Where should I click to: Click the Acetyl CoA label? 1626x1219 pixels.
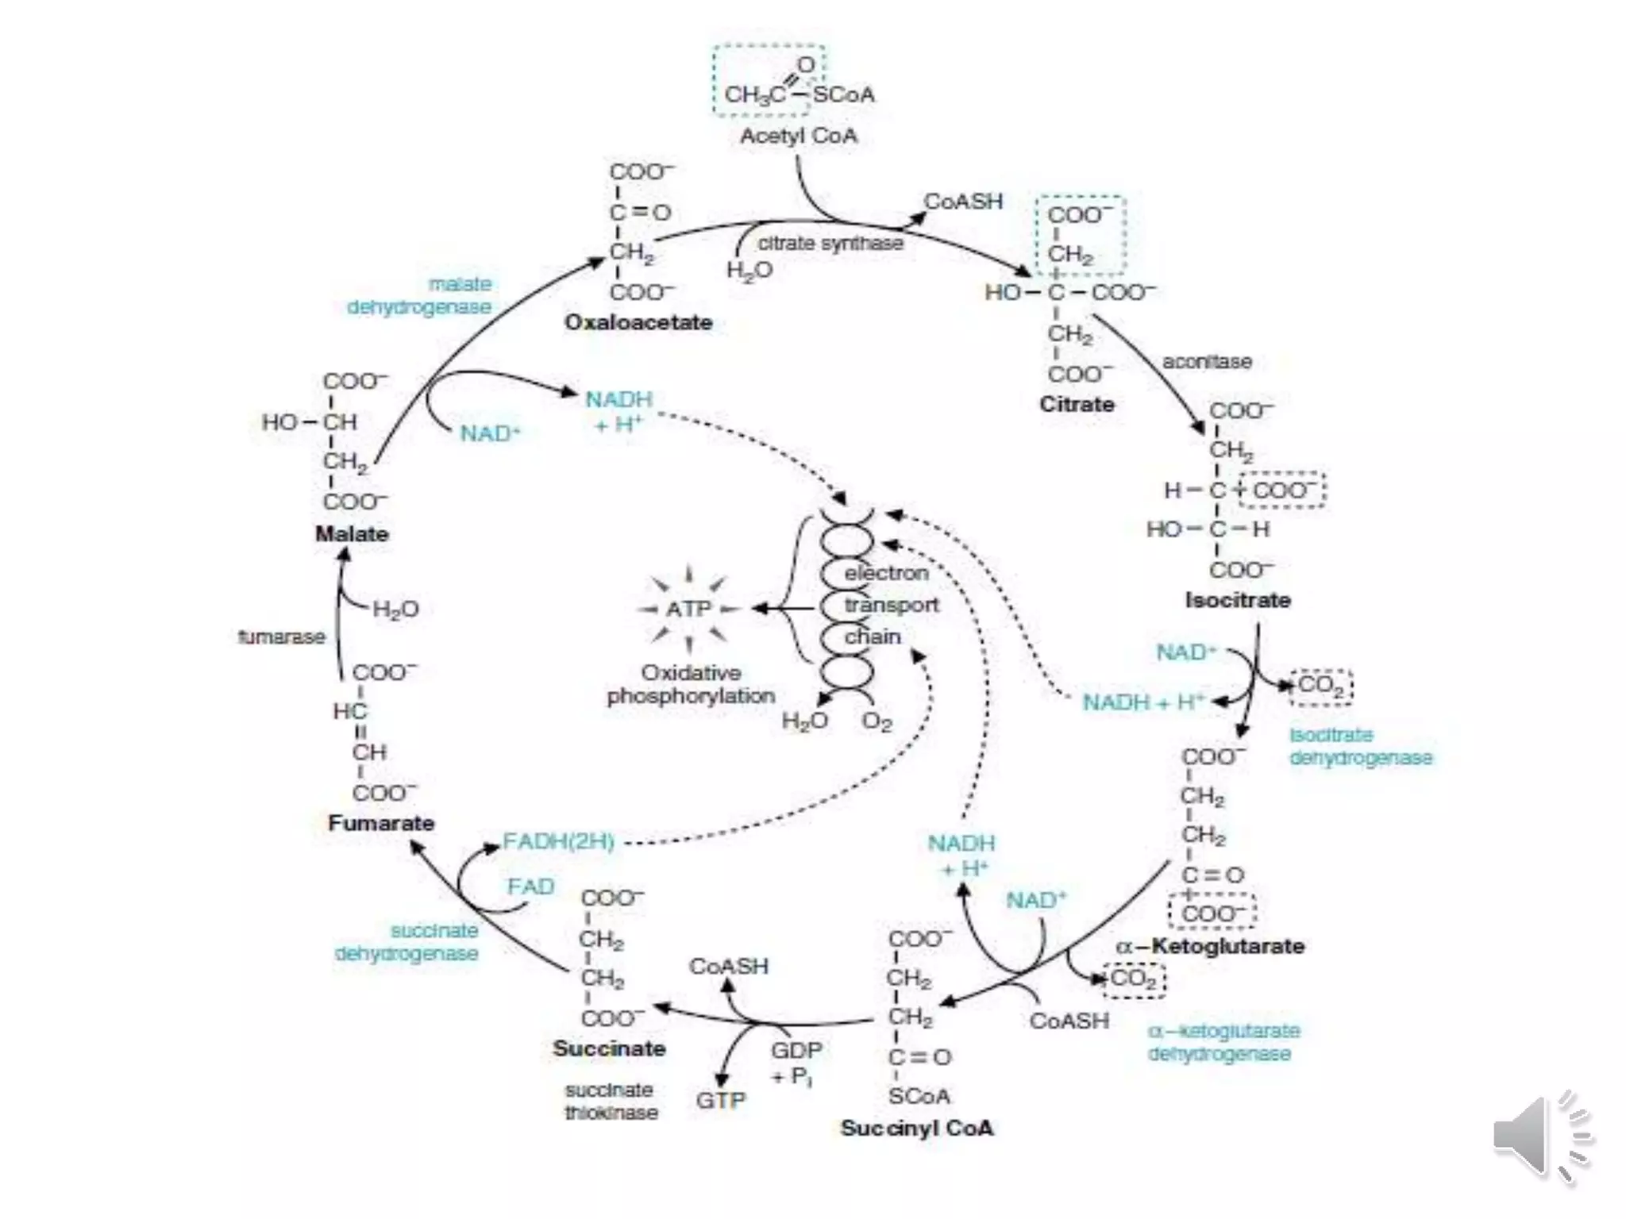point(799,136)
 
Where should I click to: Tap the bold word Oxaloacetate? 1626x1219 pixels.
point(638,322)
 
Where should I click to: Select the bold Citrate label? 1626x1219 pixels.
point(1077,404)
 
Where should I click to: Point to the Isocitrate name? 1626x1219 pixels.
point(1238,600)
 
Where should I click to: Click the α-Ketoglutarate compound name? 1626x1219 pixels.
point(1210,946)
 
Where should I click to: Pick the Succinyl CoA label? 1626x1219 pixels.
point(917,1128)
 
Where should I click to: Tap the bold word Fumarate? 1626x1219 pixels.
point(381,823)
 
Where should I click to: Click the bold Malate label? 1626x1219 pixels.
point(352,533)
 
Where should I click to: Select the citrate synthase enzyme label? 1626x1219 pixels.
point(830,243)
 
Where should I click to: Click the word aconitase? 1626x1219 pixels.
point(1207,362)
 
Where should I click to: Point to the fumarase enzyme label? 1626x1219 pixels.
point(282,636)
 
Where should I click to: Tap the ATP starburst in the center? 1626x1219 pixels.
point(688,609)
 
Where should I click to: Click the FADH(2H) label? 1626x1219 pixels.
point(559,841)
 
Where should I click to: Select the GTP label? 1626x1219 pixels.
point(721,1101)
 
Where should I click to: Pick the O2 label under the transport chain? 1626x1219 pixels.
point(877,721)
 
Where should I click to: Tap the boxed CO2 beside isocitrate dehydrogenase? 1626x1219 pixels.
point(1320,686)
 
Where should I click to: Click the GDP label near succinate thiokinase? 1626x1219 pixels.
point(796,1051)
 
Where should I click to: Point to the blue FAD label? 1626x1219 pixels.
point(530,886)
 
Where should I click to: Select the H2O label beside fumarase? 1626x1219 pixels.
point(395,609)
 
